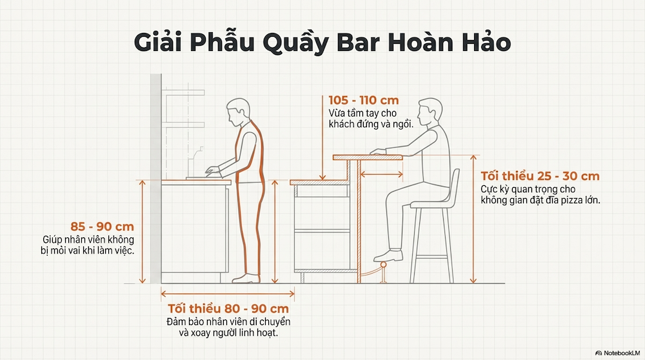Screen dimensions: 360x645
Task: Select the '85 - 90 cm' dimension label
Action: tap(103, 227)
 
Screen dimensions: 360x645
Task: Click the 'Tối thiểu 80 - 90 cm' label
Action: tap(228, 308)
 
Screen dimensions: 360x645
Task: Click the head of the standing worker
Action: tap(238, 111)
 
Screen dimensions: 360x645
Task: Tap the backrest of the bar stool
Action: tap(453, 187)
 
